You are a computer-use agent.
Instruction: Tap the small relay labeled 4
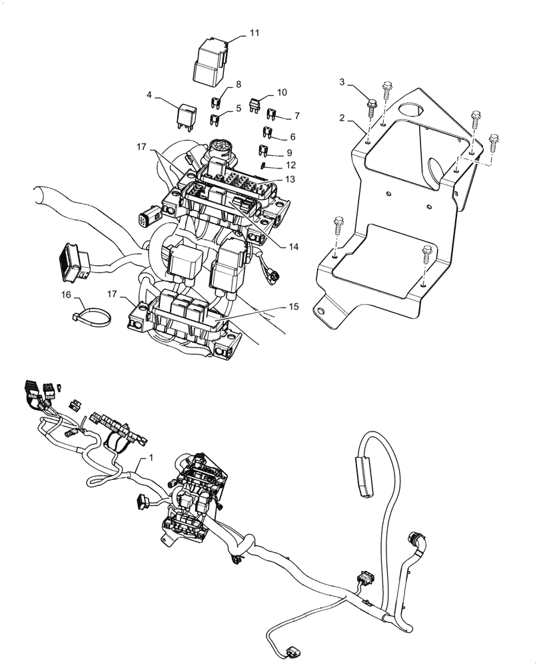click(x=187, y=117)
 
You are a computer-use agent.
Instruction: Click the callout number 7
click(x=296, y=116)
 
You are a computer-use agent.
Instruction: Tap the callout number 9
click(x=289, y=153)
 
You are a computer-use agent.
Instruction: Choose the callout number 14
click(x=293, y=246)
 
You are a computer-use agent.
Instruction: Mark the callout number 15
click(x=293, y=307)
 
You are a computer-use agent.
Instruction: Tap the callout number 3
click(x=342, y=82)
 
